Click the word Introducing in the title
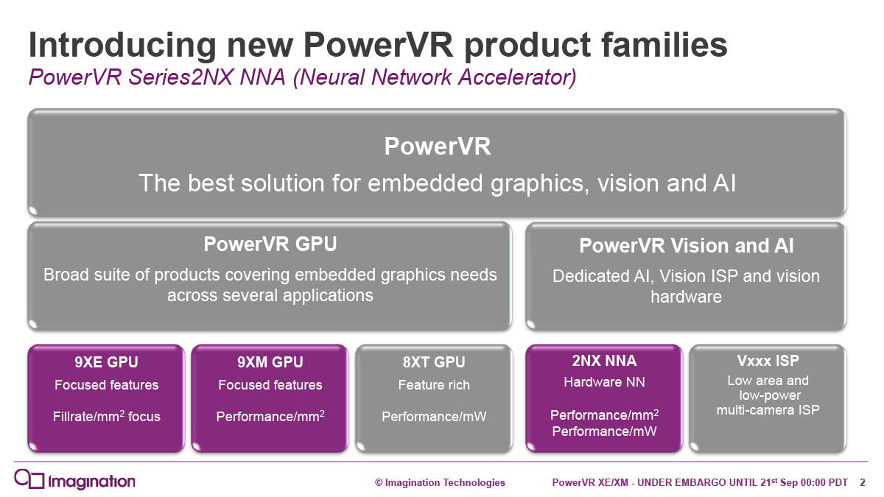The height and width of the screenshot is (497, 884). [x=122, y=46]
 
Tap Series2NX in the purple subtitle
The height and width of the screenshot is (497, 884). [x=180, y=77]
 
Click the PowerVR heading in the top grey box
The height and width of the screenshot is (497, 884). [x=438, y=147]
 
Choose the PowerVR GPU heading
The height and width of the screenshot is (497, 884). [x=270, y=244]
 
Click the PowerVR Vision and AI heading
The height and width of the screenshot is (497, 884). [x=686, y=245]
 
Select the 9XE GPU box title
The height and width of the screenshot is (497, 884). [x=106, y=362]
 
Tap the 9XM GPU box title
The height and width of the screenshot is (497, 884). [x=270, y=362]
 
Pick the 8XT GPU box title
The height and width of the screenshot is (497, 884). [x=434, y=362]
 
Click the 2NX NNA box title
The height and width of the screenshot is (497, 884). [x=604, y=361]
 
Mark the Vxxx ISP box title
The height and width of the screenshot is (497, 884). [x=768, y=361]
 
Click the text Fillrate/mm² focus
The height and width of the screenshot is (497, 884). [x=107, y=416]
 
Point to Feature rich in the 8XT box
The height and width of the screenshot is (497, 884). [x=434, y=384]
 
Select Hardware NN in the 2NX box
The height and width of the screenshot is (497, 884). [x=604, y=382]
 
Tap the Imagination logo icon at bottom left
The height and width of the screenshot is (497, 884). [x=29, y=479]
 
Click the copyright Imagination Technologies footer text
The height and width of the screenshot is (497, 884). [x=440, y=482]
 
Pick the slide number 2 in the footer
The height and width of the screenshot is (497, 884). [x=863, y=482]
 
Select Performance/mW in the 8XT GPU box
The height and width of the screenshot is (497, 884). [x=434, y=417]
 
